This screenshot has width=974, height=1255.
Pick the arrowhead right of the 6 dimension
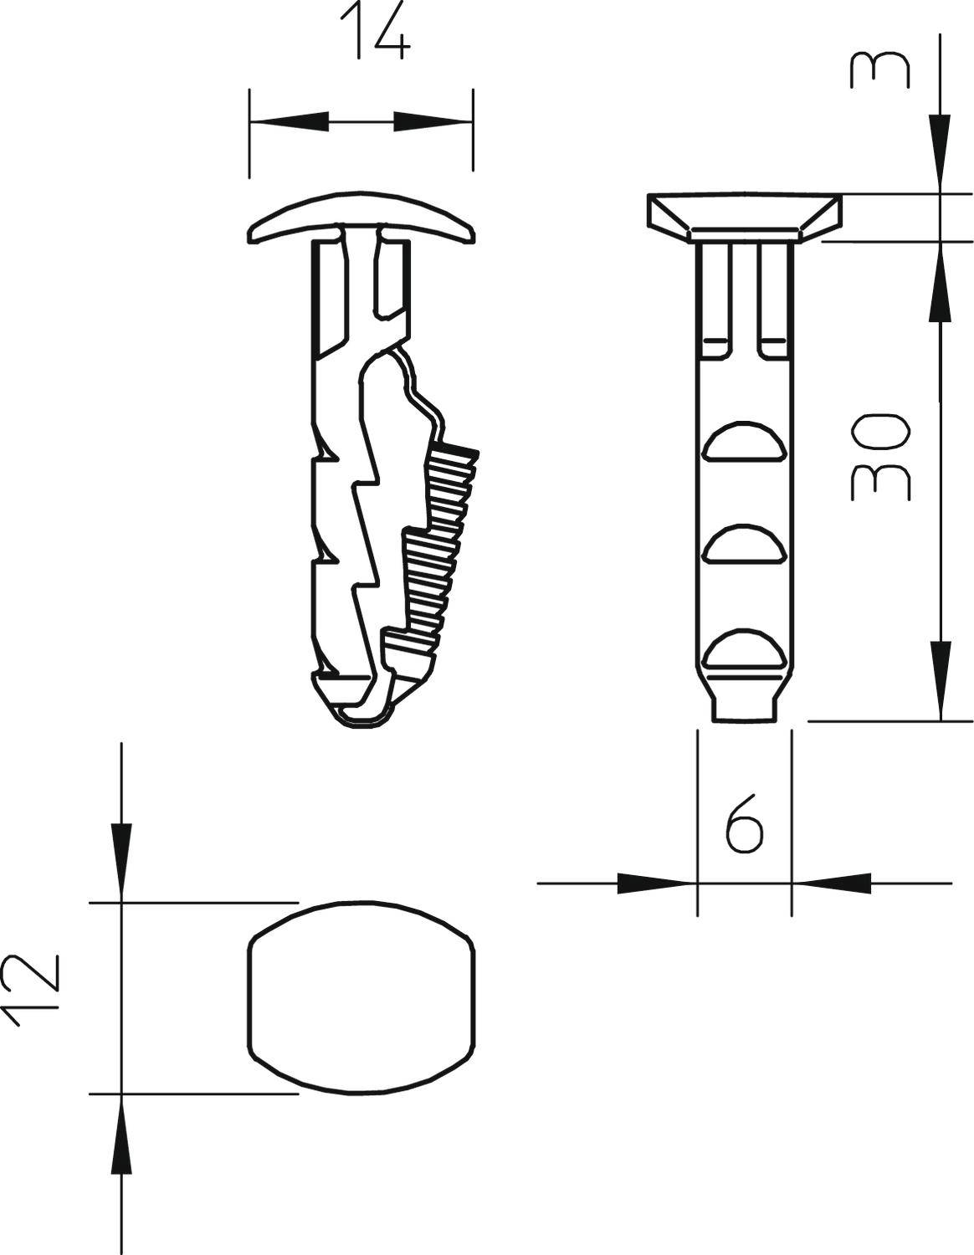click(x=832, y=883)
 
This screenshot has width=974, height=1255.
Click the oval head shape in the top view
click(x=362, y=997)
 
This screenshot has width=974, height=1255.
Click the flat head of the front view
click(x=744, y=213)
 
